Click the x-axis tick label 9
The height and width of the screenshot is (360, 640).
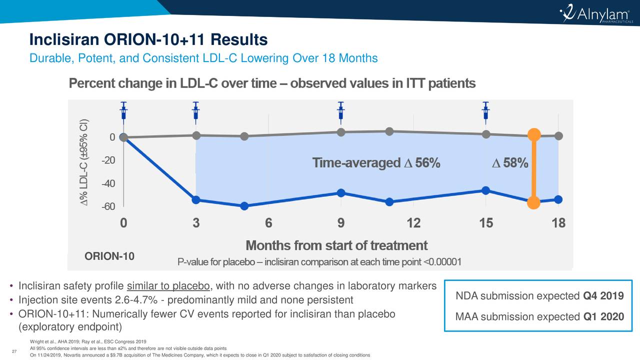pyautogui.click(x=341, y=223)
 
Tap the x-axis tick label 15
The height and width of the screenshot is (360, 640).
pyautogui.click(x=485, y=223)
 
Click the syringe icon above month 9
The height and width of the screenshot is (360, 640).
pyautogui.click(x=341, y=110)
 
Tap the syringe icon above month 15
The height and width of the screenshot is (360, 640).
pyautogui.click(x=485, y=110)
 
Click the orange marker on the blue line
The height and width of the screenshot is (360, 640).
pyautogui.click(x=533, y=202)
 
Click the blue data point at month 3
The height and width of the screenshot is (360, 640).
pyautogui.click(x=196, y=200)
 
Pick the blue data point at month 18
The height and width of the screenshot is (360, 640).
pyautogui.click(x=558, y=199)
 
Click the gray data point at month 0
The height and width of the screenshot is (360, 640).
pyautogui.click(x=123, y=137)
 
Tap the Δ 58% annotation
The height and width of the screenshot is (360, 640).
pyautogui.click(x=510, y=163)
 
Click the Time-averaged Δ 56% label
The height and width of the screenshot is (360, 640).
pyautogui.click(x=376, y=163)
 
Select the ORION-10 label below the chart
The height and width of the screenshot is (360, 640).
pyautogui.click(x=109, y=256)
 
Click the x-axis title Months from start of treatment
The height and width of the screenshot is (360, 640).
pyautogui.click(x=336, y=245)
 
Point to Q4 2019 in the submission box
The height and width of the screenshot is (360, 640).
pyautogui.click(x=603, y=296)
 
